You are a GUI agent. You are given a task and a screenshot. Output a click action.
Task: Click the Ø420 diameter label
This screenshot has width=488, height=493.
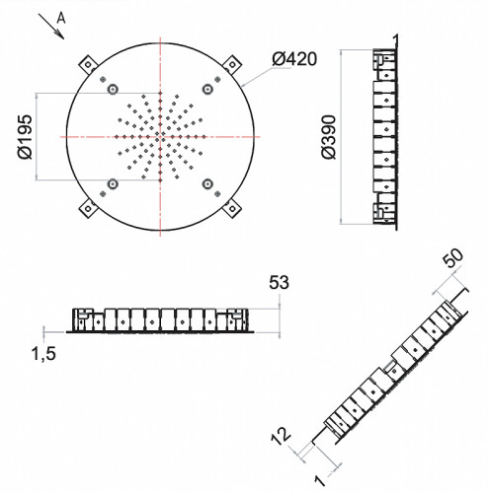(294, 59)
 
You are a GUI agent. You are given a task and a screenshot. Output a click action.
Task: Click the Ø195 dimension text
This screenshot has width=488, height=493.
(26, 137)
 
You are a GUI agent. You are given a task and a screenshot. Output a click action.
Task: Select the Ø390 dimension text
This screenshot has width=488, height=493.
(329, 137)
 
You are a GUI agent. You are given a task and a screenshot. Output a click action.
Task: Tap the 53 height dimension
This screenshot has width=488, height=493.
(279, 283)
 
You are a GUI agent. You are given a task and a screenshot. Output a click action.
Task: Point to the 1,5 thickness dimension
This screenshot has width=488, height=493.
(43, 354)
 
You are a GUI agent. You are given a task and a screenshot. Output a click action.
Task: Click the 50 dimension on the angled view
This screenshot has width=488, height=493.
(452, 257)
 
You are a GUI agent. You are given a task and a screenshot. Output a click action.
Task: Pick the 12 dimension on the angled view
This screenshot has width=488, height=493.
(281, 436)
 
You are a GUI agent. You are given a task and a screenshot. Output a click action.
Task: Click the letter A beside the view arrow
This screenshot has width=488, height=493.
(61, 19)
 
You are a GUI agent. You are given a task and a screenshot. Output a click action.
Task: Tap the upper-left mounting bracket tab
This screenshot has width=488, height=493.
(87, 64)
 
